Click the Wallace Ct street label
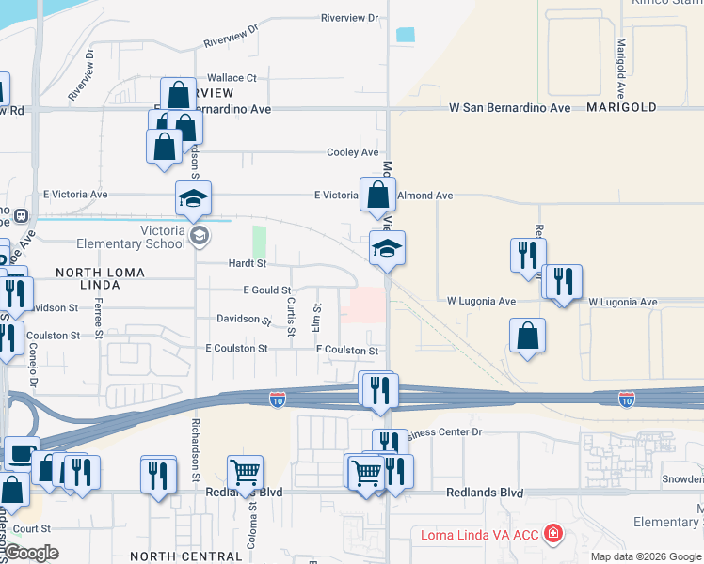(232, 78)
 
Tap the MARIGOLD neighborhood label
(622, 108)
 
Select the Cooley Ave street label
(352, 152)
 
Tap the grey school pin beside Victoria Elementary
(198, 235)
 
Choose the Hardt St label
(248, 264)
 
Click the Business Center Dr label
(443, 432)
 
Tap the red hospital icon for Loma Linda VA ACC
(554, 535)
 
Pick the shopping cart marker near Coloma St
(245, 472)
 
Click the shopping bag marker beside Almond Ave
(377, 196)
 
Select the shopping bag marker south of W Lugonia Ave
(527, 336)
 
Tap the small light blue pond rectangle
(406, 36)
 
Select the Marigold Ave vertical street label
(621, 69)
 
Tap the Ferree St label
(98, 314)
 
